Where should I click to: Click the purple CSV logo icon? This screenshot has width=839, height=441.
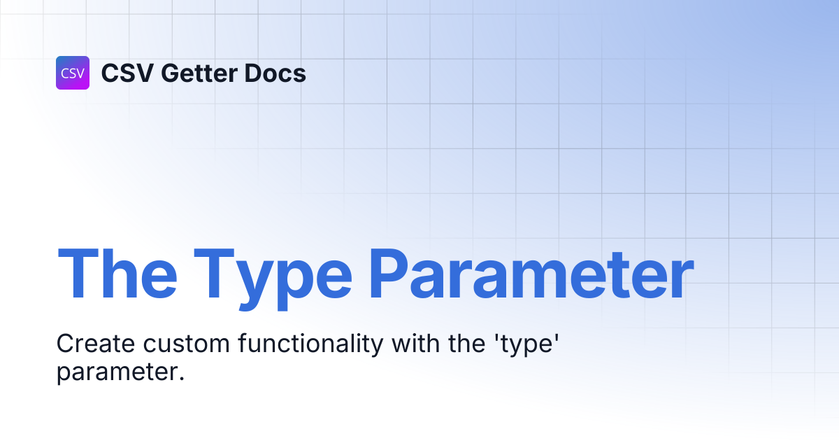[x=73, y=73]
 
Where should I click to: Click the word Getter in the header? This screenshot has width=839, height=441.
[x=199, y=73]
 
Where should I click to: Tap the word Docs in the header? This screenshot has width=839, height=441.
[x=275, y=73]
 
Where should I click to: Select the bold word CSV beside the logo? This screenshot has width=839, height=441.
[x=127, y=73]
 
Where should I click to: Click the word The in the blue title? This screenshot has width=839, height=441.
[x=117, y=274]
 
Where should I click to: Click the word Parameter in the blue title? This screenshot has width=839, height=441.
[x=532, y=274]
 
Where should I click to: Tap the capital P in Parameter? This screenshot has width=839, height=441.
[x=389, y=274]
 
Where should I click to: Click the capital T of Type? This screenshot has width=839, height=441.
[x=214, y=274]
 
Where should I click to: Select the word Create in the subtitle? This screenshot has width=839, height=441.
[x=96, y=344]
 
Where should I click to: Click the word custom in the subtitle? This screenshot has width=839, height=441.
[x=187, y=344]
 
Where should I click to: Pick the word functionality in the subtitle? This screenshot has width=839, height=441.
[x=311, y=345]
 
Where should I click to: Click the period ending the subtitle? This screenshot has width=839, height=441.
[x=182, y=379]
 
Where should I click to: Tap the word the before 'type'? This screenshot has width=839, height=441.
[x=467, y=343]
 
